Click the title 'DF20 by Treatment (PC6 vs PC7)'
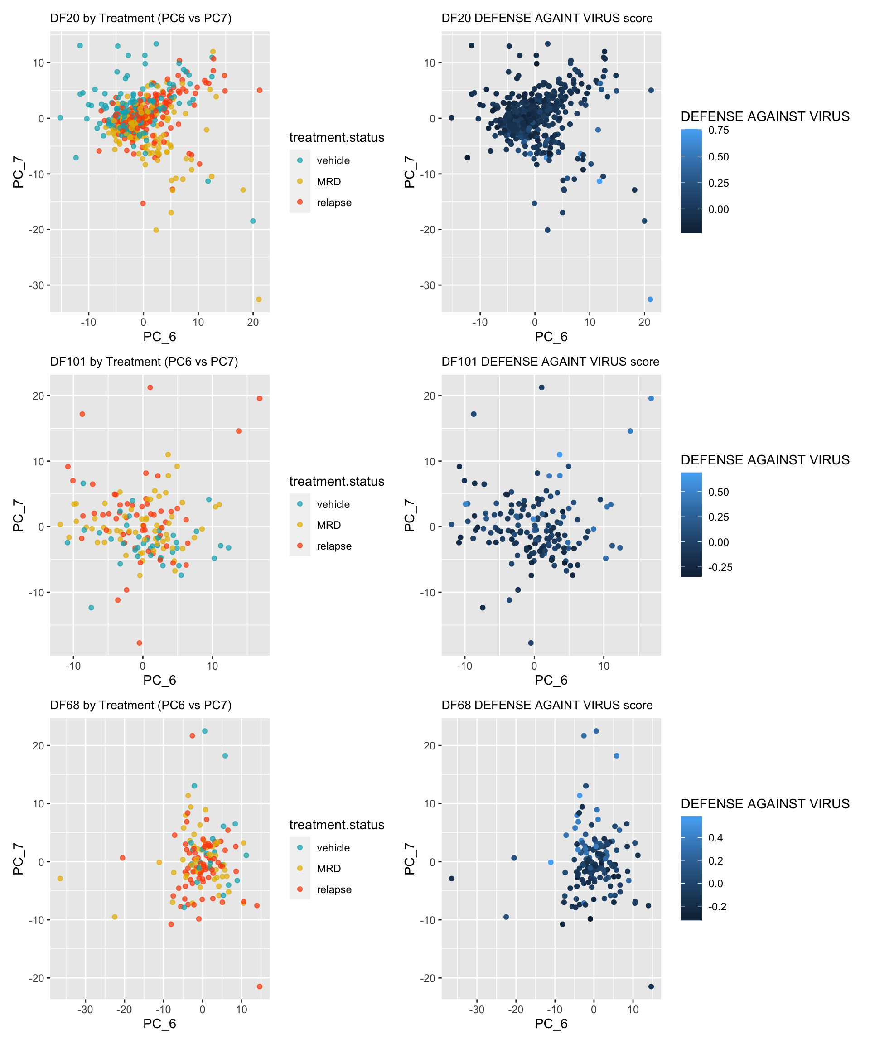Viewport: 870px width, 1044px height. point(140,19)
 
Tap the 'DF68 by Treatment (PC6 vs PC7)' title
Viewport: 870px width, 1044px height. point(140,705)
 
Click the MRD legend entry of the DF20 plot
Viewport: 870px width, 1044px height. point(329,181)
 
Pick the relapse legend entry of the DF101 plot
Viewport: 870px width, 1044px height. point(333,546)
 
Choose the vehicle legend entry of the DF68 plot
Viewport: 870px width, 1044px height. point(333,848)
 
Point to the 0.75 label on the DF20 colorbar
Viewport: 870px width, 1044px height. point(718,130)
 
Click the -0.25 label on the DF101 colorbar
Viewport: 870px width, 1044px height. point(720,567)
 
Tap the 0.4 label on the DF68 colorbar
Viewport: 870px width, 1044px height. point(715,838)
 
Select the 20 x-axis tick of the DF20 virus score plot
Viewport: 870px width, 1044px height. point(644,322)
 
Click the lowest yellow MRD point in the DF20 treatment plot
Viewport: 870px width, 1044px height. point(259,299)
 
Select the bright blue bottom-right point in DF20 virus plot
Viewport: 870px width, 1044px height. point(650,299)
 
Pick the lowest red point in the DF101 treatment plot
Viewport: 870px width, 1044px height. point(139,643)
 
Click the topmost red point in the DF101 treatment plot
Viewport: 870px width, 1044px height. point(150,387)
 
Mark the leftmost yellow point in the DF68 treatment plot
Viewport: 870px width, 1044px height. point(60,879)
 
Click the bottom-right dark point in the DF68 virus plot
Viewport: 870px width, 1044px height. point(651,986)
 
